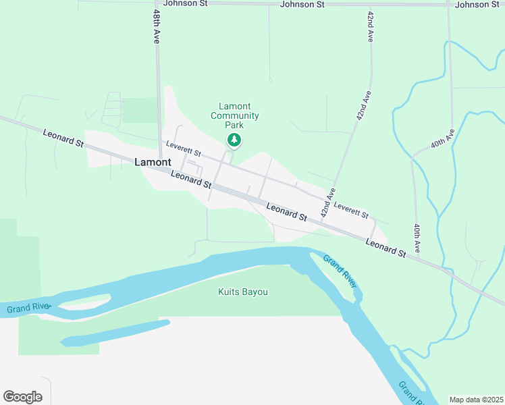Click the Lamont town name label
153,162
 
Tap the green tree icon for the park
234,140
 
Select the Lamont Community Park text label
234,115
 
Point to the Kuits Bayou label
243,292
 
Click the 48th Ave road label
156,27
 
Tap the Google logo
22,397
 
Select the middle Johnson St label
297,5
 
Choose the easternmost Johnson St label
478,5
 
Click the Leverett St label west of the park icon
180,149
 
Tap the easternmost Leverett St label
351,211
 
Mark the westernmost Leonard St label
62,138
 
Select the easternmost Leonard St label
386,248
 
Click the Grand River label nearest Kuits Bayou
340,271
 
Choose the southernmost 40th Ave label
418,238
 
